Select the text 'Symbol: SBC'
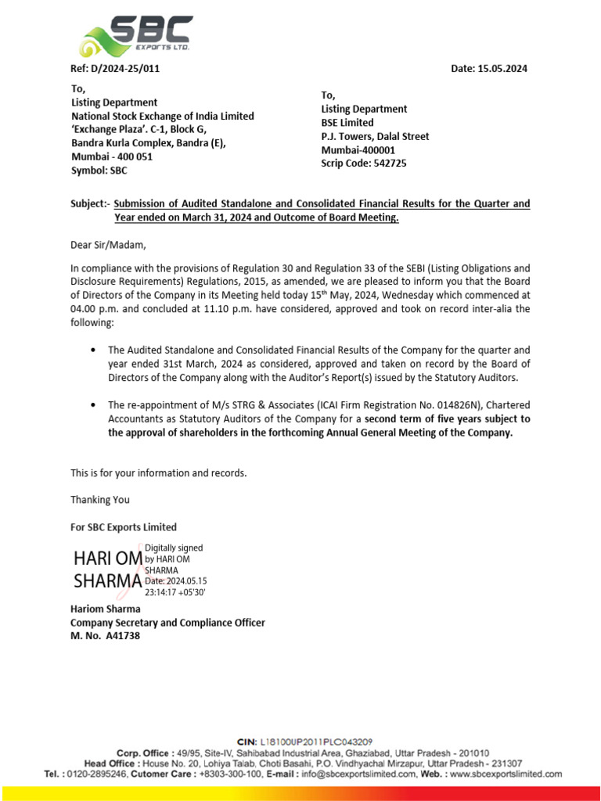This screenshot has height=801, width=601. [x=99, y=171]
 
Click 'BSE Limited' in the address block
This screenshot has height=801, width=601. [x=347, y=123]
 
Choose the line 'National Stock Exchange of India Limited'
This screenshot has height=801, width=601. [x=163, y=116]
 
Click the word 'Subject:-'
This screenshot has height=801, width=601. [x=91, y=203]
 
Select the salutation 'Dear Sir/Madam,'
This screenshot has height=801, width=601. [x=109, y=244]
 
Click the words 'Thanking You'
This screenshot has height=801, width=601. [x=100, y=499]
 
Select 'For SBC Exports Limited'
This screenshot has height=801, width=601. [x=124, y=526]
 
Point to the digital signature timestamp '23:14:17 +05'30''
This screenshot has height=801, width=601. [x=175, y=592]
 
